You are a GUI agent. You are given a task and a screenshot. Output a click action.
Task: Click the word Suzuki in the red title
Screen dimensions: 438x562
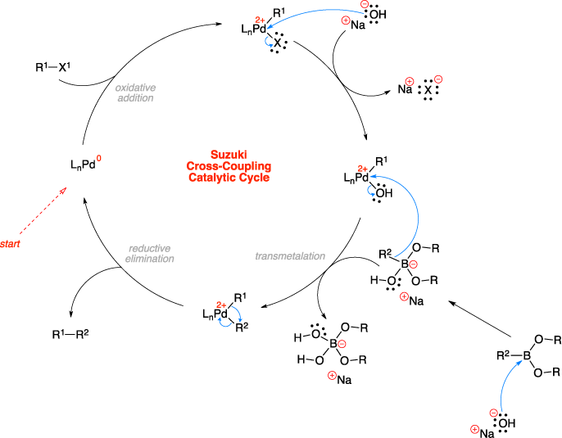(228, 155)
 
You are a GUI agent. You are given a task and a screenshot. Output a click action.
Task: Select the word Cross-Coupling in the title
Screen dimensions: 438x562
(229, 166)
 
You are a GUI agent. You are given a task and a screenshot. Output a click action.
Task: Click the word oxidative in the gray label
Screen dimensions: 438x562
(135, 88)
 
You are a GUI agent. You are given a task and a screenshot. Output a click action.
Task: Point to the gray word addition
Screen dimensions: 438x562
(135, 98)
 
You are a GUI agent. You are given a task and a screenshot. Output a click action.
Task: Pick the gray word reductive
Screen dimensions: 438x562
(150, 248)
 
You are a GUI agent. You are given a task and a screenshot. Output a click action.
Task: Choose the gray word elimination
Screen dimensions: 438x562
(150, 259)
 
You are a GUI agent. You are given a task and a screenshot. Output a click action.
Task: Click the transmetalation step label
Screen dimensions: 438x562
(290, 256)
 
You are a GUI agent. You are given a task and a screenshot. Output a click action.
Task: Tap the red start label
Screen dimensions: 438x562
(10, 244)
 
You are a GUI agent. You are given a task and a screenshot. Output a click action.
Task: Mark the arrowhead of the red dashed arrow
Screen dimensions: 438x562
(64, 189)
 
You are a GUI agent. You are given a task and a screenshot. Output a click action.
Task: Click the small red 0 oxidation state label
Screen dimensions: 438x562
(99, 158)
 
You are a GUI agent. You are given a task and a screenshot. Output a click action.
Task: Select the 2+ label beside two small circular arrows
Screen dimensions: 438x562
(221, 305)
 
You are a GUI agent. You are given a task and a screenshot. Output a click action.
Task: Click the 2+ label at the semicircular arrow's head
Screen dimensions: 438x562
(363, 169)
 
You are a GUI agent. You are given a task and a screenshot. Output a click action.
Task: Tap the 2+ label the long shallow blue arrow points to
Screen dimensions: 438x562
(261, 20)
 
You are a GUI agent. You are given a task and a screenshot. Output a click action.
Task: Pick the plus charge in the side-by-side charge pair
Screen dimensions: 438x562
(410, 81)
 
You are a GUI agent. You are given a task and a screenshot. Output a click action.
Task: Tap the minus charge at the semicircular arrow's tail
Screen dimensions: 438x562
(413, 264)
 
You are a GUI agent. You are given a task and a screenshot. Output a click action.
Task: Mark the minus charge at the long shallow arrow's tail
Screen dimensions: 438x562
(365, 5)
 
